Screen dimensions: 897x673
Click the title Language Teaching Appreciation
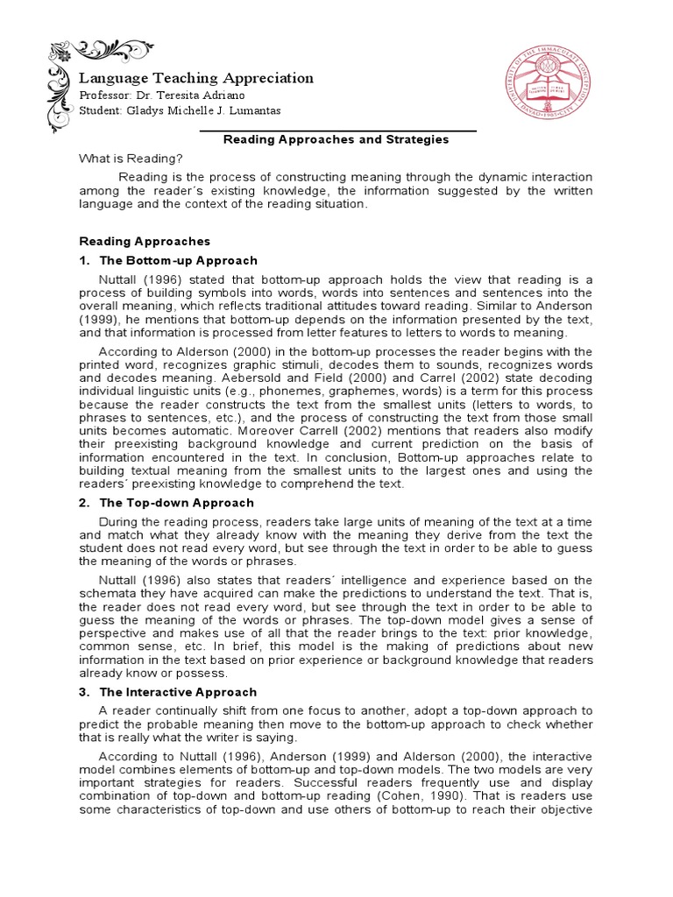click(x=196, y=78)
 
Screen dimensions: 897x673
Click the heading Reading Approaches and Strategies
click(x=336, y=139)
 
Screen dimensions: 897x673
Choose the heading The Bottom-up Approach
click(x=179, y=260)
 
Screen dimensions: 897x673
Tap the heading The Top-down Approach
click(x=177, y=503)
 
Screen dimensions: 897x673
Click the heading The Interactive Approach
click(x=178, y=692)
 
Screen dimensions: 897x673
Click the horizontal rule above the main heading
click(x=338, y=131)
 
